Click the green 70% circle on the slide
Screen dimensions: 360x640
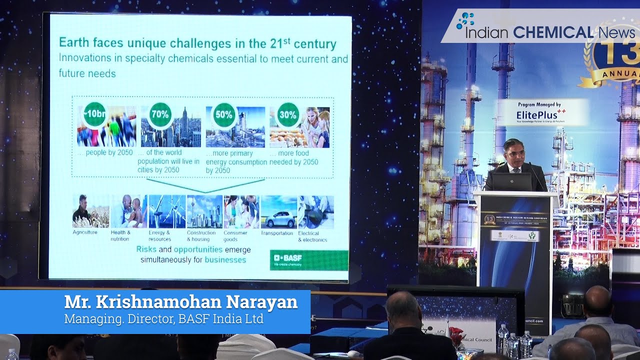click(x=160, y=114)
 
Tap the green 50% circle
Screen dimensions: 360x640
click(x=223, y=114)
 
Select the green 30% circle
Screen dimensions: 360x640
click(x=288, y=114)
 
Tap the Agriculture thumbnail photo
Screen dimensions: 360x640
click(x=90, y=211)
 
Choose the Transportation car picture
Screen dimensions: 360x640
click(x=278, y=212)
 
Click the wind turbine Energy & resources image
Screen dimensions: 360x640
click(x=167, y=211)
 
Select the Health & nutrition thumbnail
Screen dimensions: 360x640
click(x=128, y=211)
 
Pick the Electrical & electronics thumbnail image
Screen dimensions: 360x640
click(x=315, y=212)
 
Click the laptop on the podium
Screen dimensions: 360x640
click(x=512, y=181)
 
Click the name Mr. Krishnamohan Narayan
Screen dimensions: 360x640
click(x=180, y=302)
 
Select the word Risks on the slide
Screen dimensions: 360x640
click(x=146, y=249)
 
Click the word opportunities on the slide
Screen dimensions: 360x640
click(x=198, y=249)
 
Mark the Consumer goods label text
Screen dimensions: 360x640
click(x=235, y=236)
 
